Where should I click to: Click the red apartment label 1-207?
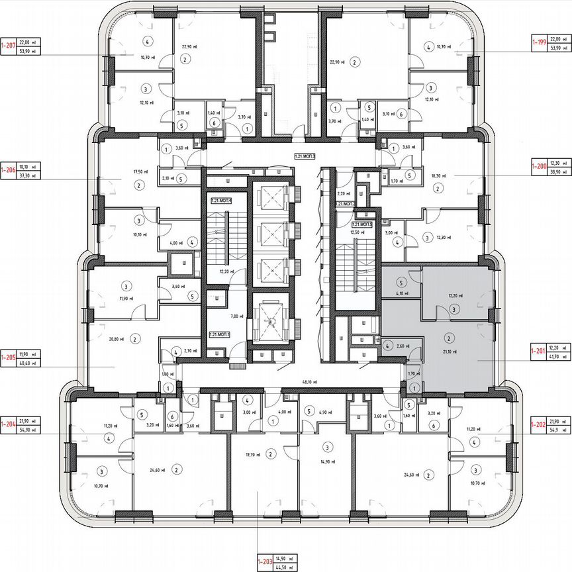point(9,44)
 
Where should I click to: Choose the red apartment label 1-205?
point(9,358)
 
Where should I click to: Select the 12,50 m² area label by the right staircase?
point(358,232)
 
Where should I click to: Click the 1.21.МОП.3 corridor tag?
point(305,157)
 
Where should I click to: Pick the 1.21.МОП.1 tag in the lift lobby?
point(220,335)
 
